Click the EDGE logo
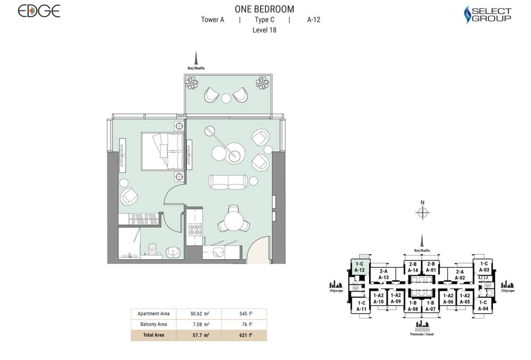(x=39, y=11)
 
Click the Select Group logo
(x=487, y=15)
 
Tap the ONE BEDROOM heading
(x=265, y=9)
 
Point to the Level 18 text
(x=264, y=30)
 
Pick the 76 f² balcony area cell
(x=244, y=324)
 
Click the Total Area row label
(x=154, y=335)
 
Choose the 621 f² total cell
(x=244, y=335)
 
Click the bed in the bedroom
(x=162, y=151)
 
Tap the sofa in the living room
(x=228, y=182)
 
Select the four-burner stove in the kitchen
(x=195, y=229)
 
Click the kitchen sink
(x=218, y=252)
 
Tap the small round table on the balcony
(x=226, y=98)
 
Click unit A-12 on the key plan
(x=359, y=267)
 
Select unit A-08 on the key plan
(x=413, y=306)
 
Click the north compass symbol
(x=423, y=212)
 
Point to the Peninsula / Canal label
(x=422, y=334)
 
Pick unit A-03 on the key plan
(x=484, y=267)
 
